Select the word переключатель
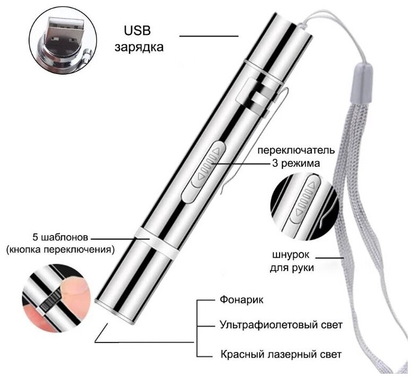(x=289, y=150)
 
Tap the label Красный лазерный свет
(x=280, y=354)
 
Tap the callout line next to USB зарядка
(x=209, y=36)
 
